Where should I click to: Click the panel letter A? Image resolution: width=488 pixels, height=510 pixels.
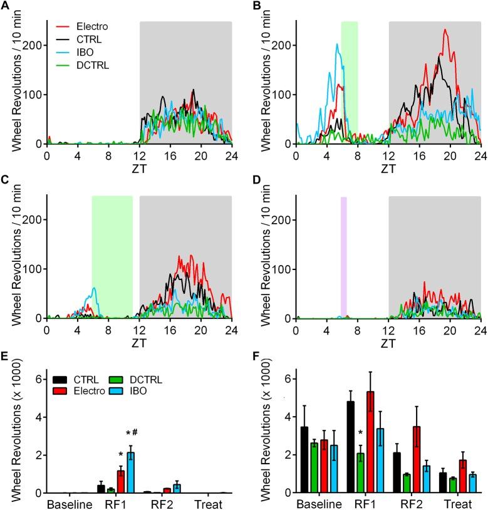pyautogui.click(x=6, y=8)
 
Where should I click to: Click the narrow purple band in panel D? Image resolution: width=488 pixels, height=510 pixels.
pyautogui.click(x=343, y=257)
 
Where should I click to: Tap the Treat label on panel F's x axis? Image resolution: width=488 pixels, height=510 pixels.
pyautogui.click(x=450, y=504)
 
